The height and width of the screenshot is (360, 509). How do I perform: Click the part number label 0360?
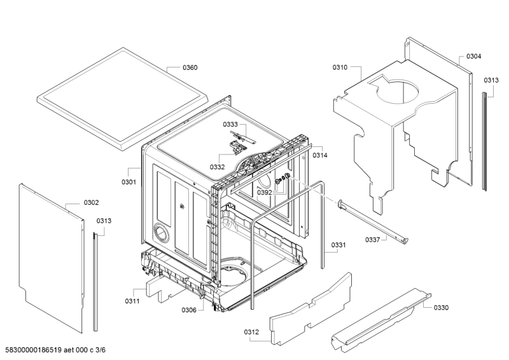(x=190, y=67)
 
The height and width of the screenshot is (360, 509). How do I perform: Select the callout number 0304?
(x=473, y=57)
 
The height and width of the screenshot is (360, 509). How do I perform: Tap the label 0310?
(x=340, y=67)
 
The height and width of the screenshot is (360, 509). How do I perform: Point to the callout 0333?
(x=230, y=124)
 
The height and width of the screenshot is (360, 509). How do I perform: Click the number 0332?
(x=217, y=167)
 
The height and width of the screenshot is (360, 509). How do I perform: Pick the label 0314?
(x=320, y=155)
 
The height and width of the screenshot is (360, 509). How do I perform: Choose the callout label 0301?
(x=129, y=182)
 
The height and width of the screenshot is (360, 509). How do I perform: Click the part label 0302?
(x=91, y=203)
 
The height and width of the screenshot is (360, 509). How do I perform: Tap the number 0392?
(x=265, y=193)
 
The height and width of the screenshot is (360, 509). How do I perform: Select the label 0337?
(x=373, y=240)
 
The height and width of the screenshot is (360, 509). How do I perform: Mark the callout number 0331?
(x=338, y=245)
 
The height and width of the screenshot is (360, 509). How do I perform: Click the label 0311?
(x=132, y=301)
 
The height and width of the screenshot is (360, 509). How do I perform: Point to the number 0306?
(x=189, y=310)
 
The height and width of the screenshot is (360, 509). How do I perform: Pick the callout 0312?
(x=251, y=332)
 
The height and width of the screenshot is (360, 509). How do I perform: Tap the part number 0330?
(x=441, y=308)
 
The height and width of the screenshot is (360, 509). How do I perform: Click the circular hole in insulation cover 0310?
(x=397, y=91)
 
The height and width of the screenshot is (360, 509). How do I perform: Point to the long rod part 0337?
(x=373, y=221)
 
